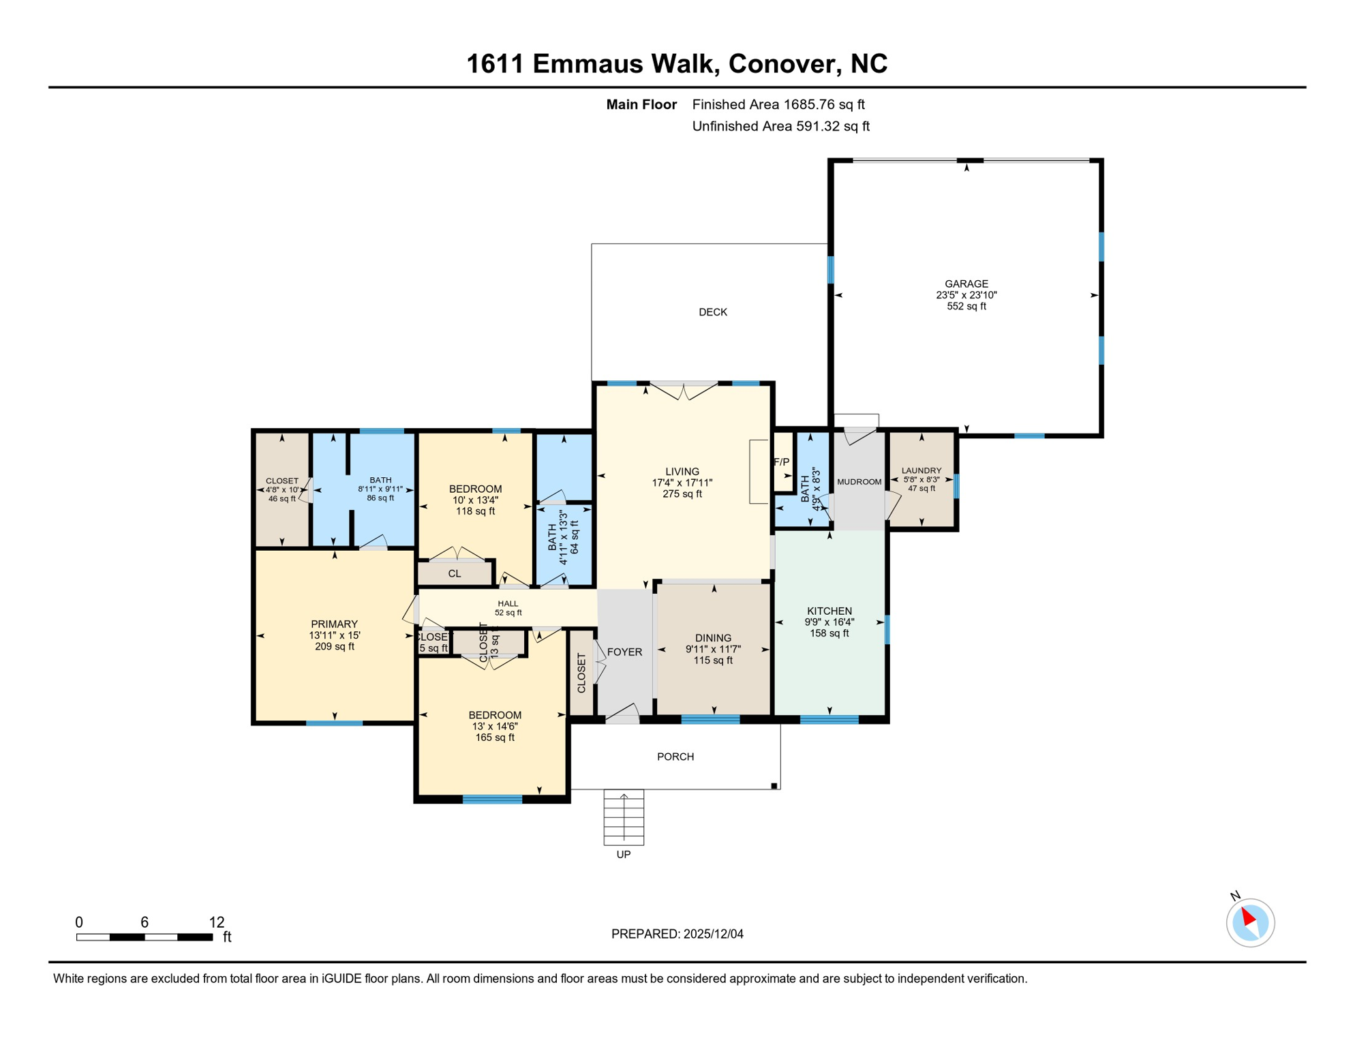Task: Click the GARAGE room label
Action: (966, 284)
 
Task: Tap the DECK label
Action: (713, 312)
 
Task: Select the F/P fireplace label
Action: (781, 462)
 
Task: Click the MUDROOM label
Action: (859, 482)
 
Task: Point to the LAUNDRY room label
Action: (921, 471)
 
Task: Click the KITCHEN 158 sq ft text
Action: (829, 633)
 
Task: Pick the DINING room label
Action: (713, 639)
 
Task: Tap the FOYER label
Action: (624, 652)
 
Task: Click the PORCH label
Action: (675, 757)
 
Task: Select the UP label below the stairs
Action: (623, 855)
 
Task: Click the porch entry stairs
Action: (623, 817)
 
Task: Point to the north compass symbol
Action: (1249, 922)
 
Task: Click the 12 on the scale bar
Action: (216, 922)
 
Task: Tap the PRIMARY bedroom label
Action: (334, 624)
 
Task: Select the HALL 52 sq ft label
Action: (508, 608)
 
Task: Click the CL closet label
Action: (455, 574)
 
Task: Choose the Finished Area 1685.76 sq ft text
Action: (778, 104)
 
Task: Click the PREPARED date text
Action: (677, 934)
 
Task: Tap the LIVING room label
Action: (682, 472)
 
